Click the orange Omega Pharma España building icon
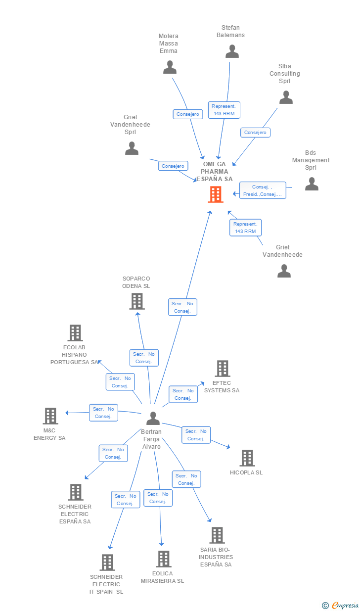coord(216,194)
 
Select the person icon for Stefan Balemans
coord(232,51)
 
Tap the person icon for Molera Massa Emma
coord(170,67)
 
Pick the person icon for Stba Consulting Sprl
coord(286,97)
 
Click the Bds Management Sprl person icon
coord(312,184)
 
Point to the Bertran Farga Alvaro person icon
coord(153,419)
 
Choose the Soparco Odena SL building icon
coord(136,301)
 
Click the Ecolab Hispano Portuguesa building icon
coord(75,333)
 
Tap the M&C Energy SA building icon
coord(50,416)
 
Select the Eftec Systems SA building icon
coord(222,369)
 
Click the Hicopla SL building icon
coord(247,458)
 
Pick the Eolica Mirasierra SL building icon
coord(163,559)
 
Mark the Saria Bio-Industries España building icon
coord(217,535)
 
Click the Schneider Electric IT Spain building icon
coord(107,563)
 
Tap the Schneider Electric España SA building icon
coord(75,492)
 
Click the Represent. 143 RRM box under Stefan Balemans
coord(224,110)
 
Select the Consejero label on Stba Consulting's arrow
coord(255,133)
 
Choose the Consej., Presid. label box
coord(263,190)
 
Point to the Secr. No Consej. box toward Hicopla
coord(196,435)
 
